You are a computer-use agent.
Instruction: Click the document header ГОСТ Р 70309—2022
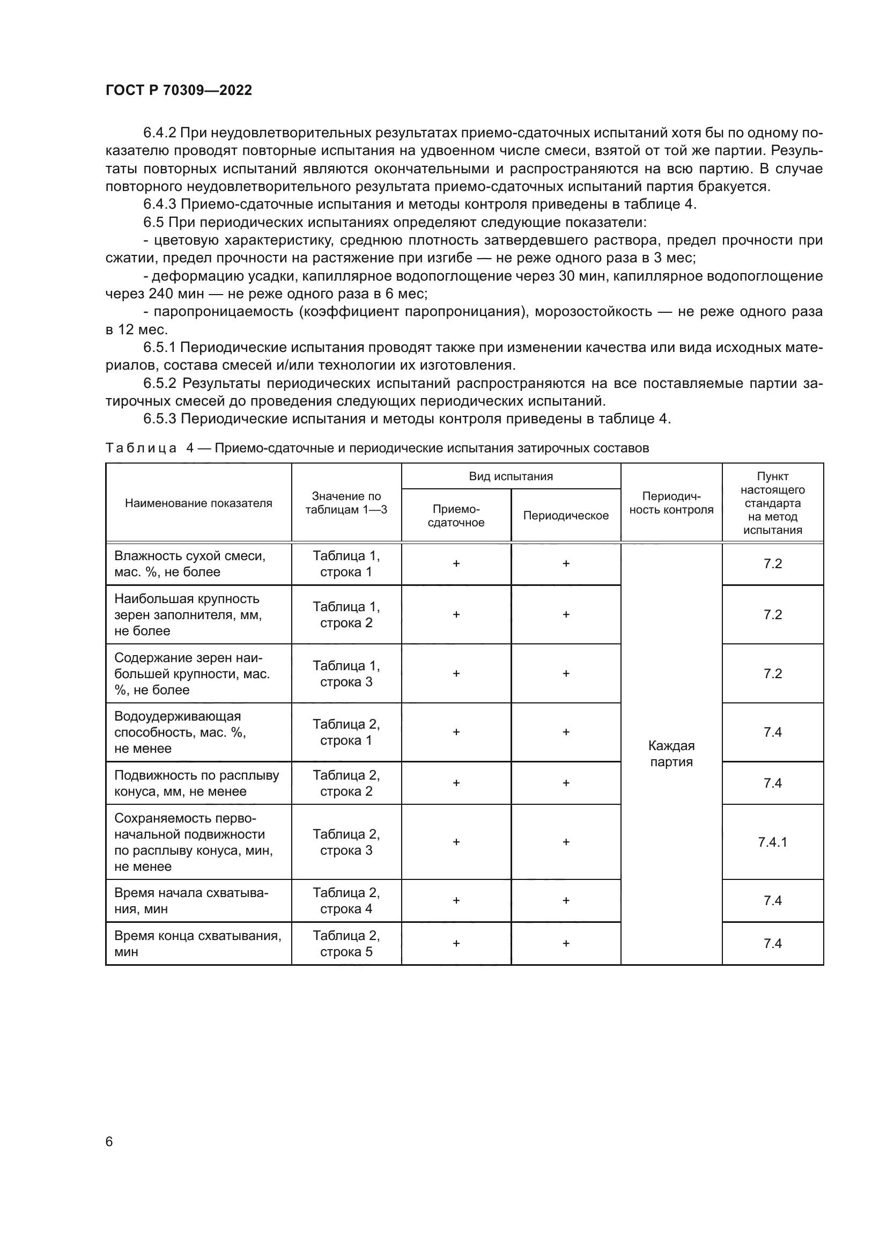pos(179,90)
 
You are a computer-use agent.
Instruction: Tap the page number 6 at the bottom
pos(109,1141)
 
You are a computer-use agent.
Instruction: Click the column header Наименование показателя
pos(198,503)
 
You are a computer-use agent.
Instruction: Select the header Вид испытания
pos(511,476)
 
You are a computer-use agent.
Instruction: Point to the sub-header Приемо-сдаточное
pos(456,516)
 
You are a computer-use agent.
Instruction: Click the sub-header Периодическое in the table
pos(566,516)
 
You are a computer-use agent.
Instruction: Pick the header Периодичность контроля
pos(671,503)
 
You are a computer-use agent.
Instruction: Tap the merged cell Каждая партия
pos(671,754)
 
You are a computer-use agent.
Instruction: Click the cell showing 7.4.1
pos(772,842)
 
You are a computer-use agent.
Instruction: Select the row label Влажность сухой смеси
pos(189,563)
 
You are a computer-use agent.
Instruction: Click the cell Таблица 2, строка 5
pos(346,943)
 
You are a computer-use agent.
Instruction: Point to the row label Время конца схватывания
pos(198,943)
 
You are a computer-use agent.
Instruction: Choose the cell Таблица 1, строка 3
pos(346,673)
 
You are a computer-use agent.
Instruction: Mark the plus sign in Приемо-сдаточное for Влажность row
pos(456,563)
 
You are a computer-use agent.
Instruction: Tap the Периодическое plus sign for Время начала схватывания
pos(566,900)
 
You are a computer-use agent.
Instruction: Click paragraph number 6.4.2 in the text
pos(159,133)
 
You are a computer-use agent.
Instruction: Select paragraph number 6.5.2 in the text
pos(159,383)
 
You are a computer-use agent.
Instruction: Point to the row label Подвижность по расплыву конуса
pos(196,783)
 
